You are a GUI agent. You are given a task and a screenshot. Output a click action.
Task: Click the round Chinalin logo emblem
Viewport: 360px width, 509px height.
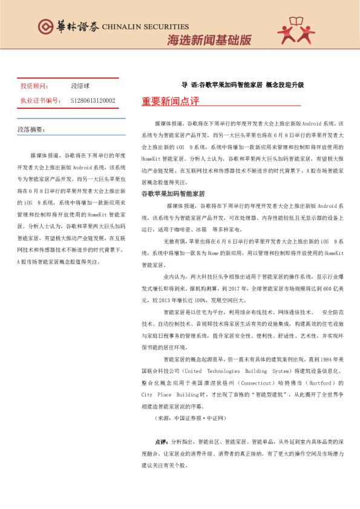tap(45, 25)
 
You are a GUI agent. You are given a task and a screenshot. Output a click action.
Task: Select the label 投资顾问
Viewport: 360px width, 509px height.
tap(34, 86)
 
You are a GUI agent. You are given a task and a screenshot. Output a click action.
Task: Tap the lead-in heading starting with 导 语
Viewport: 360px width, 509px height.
tap(243, 85)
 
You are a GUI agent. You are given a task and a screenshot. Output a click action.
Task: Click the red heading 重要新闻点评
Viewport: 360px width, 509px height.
tap(171, 101)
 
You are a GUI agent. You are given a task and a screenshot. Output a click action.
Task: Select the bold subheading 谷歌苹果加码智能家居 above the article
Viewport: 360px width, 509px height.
tap(173, 193)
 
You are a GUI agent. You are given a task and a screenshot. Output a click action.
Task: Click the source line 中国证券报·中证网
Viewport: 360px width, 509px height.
tap(189, 418)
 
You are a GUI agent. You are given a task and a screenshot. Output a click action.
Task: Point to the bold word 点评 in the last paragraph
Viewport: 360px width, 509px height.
tap(161, 442)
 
